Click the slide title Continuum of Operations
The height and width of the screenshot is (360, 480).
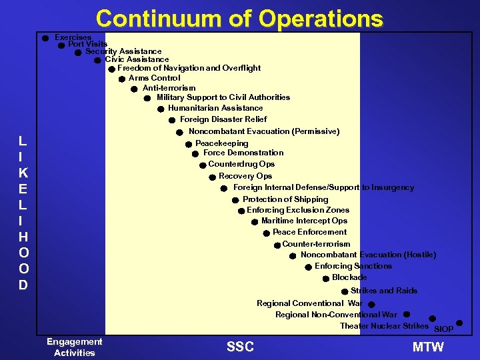click(x=239, y=18)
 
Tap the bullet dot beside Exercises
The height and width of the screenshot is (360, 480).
click(x=45, y=38)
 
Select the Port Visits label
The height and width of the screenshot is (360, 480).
click(x=87, y=44)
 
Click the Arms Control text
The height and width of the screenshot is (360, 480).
click(x=154, y=78)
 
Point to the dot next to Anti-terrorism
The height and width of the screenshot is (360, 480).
click(x=134, y=89)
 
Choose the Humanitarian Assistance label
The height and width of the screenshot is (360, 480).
click(x=215, y=108)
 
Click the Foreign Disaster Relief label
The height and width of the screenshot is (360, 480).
click(x=223, y=119)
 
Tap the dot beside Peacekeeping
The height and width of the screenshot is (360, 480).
click(x=189, y=144)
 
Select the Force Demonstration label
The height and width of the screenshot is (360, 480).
click(x=243, y=153)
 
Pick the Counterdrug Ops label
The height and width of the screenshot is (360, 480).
click(x=241, y=164)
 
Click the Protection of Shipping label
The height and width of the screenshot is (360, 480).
click(x=285, y=199)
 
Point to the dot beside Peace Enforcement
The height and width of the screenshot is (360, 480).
click(x=266, y=233)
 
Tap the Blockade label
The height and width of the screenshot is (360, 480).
click(x=349, y=277)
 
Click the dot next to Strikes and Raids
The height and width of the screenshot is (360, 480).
click(x=344, y=291)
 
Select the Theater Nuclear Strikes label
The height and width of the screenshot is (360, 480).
click(x=384, y=326)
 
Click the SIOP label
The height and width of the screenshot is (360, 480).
click(x=443, y=329)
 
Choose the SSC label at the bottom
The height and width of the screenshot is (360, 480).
click(x=240, y=347)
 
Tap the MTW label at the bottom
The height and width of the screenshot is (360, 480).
click(x=428, y=347)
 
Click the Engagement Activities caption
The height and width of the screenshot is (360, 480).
click(x=75, y=347)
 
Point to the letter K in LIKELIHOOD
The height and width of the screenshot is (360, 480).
click(x=23, y=173)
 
